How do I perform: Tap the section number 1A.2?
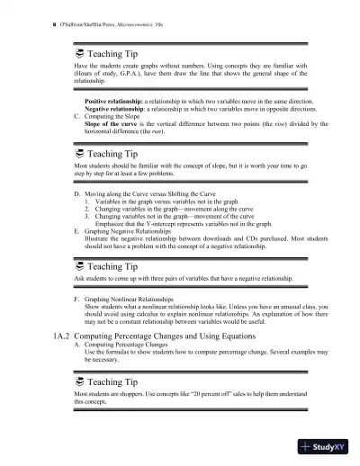click(59, 336)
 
